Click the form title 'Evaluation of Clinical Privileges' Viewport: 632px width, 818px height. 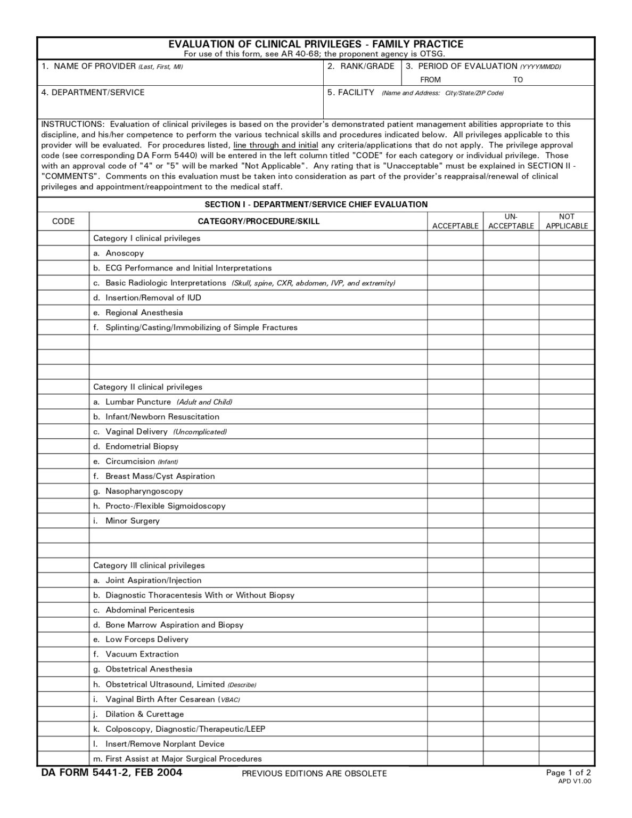(316, 44)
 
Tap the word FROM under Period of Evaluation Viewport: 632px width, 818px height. (430, 80)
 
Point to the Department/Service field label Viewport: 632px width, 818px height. (93, 93)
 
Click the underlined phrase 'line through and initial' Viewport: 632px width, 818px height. (275, 145)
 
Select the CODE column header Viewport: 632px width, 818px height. (63, 222)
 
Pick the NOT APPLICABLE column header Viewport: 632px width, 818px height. (567, 222)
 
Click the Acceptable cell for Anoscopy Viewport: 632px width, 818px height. (455, 253)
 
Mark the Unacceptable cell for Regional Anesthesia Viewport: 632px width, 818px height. (511, 313)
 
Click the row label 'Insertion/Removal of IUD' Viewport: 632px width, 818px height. (153, 298)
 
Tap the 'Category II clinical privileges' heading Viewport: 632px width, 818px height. (147, 387)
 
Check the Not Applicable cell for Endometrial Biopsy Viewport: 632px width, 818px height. (567, 447)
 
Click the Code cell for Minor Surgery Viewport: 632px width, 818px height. (63, 521)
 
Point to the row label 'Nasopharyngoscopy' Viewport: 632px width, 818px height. (144, 492)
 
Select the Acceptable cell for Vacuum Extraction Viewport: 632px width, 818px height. (455, 655)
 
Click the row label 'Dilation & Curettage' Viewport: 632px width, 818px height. (144, 714)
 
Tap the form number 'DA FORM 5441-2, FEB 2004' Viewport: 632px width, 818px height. (112, 773)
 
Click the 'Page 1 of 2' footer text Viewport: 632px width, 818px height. (568, 773)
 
